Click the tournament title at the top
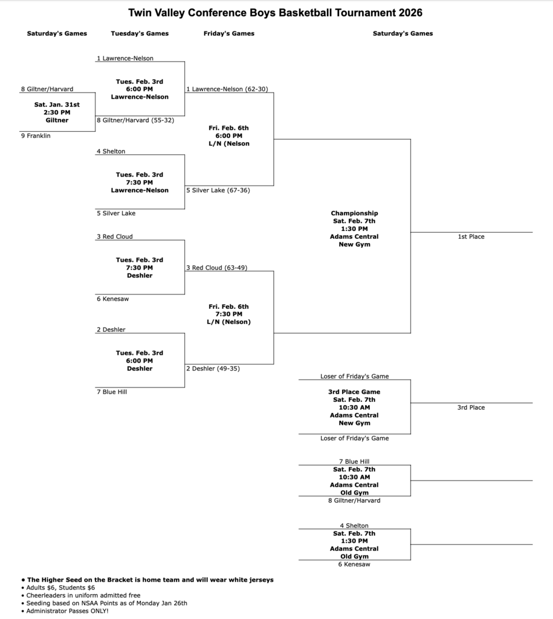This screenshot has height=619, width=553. [276, 13]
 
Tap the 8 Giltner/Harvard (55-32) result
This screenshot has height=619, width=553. [135, 120]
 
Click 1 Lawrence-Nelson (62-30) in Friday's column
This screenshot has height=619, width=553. [227, 89]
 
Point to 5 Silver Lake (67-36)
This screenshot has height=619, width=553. [218, 190]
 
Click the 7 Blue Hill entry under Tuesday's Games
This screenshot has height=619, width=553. [112, 392]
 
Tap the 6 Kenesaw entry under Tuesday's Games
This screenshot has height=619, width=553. [113, 299]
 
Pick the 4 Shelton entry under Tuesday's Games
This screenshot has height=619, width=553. [111, 152]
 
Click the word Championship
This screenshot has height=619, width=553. [354, 213]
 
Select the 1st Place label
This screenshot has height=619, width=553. [471, 237]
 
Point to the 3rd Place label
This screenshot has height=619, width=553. [471, 407]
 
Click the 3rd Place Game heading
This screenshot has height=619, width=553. [354, 392]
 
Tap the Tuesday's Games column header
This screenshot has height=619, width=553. [140, 34]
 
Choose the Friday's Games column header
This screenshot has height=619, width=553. [229, 34]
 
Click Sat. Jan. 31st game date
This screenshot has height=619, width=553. [57, 105]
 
